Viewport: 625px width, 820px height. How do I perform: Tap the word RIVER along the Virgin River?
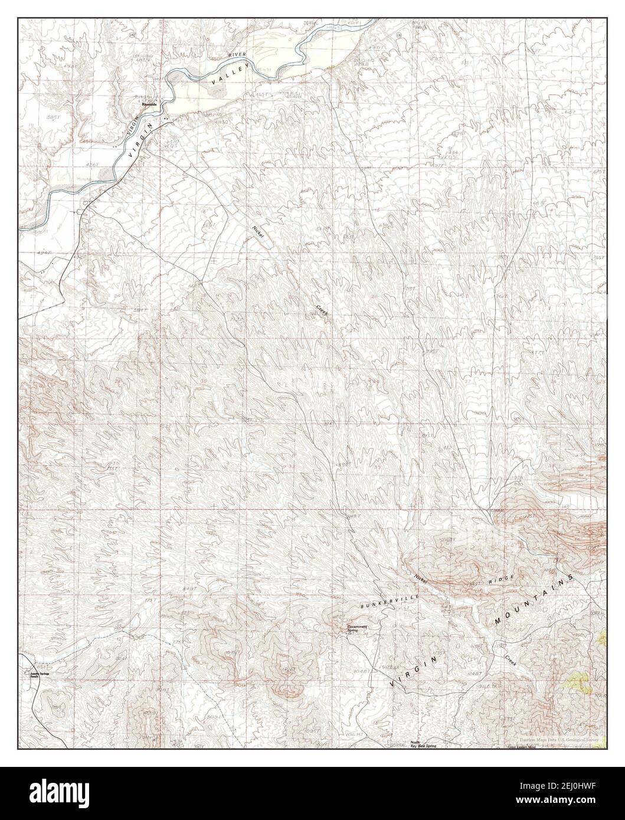[232, 57]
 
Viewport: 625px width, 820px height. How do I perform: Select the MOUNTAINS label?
[533, 601]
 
